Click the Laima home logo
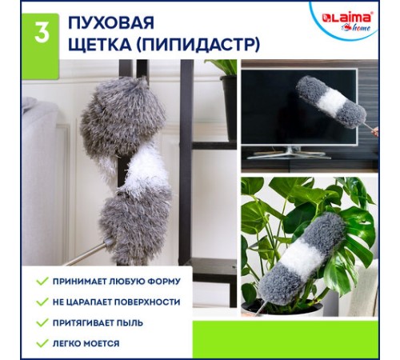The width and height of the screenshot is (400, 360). click(x=346, y=18)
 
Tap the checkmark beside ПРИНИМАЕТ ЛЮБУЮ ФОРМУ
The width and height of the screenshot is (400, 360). click(x=42, y=281)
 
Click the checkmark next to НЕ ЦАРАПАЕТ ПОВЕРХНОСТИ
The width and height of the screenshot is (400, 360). click(x=42, y=302)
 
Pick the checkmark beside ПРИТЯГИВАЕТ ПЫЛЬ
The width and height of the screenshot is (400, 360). click(x=42, y=322)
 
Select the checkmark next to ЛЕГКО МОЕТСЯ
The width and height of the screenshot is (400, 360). click(x=42, y=343)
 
